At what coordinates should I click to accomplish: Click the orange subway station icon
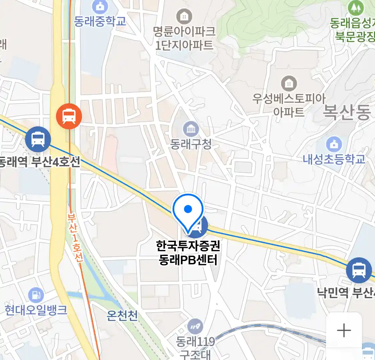(69, 116)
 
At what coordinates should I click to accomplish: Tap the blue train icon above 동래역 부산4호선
(38, 139)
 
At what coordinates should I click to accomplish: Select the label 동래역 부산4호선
(39, 162)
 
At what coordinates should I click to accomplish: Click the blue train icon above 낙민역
(359, 270)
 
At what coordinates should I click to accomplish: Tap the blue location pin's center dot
(188, 209)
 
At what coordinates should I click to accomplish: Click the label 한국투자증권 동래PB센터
(188, 253)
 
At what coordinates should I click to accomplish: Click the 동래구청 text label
(191, 144)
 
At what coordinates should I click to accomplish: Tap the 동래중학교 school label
(100, 21)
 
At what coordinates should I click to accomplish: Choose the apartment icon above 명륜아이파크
(184, 16)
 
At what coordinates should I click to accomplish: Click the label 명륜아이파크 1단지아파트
(184, 38)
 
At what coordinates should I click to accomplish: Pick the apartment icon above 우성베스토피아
(289, 84)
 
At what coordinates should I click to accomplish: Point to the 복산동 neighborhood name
(347, 112)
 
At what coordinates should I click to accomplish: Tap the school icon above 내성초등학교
(334, 144)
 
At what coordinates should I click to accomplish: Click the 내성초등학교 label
(334, 159)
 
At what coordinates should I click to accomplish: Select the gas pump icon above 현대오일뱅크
(36, 295)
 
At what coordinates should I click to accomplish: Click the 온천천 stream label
(122, 315)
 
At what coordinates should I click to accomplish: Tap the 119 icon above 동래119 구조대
(195, 327)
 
